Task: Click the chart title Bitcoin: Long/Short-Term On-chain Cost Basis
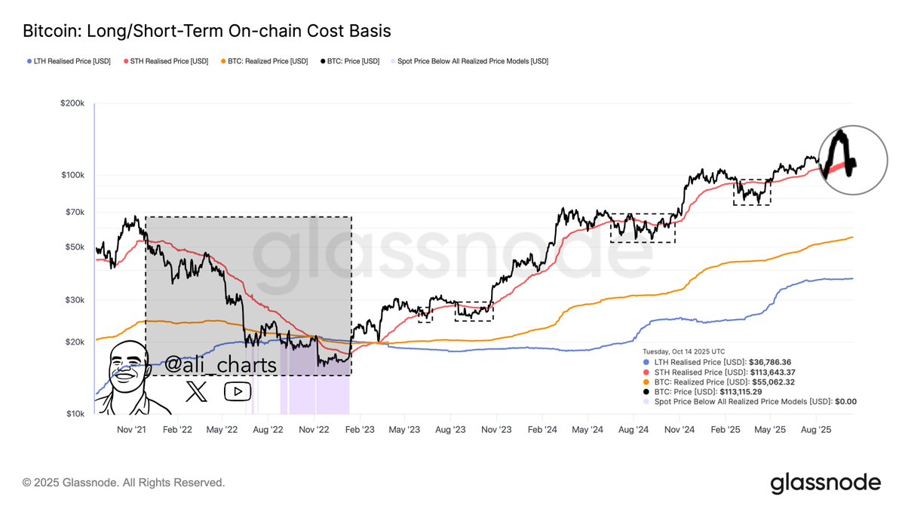(x=207, y=31)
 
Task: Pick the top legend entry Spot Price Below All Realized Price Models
(x=468, y=61)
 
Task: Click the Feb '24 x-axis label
(x=542, y=430)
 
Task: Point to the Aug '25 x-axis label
(x=814, y=430)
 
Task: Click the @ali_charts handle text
(x=220, y=365)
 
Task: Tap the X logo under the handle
(x=197, y=391)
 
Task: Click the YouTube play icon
(x=238, y=391)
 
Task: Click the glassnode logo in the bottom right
(x=825, y=483)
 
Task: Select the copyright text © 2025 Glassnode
(x=124, y=482)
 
